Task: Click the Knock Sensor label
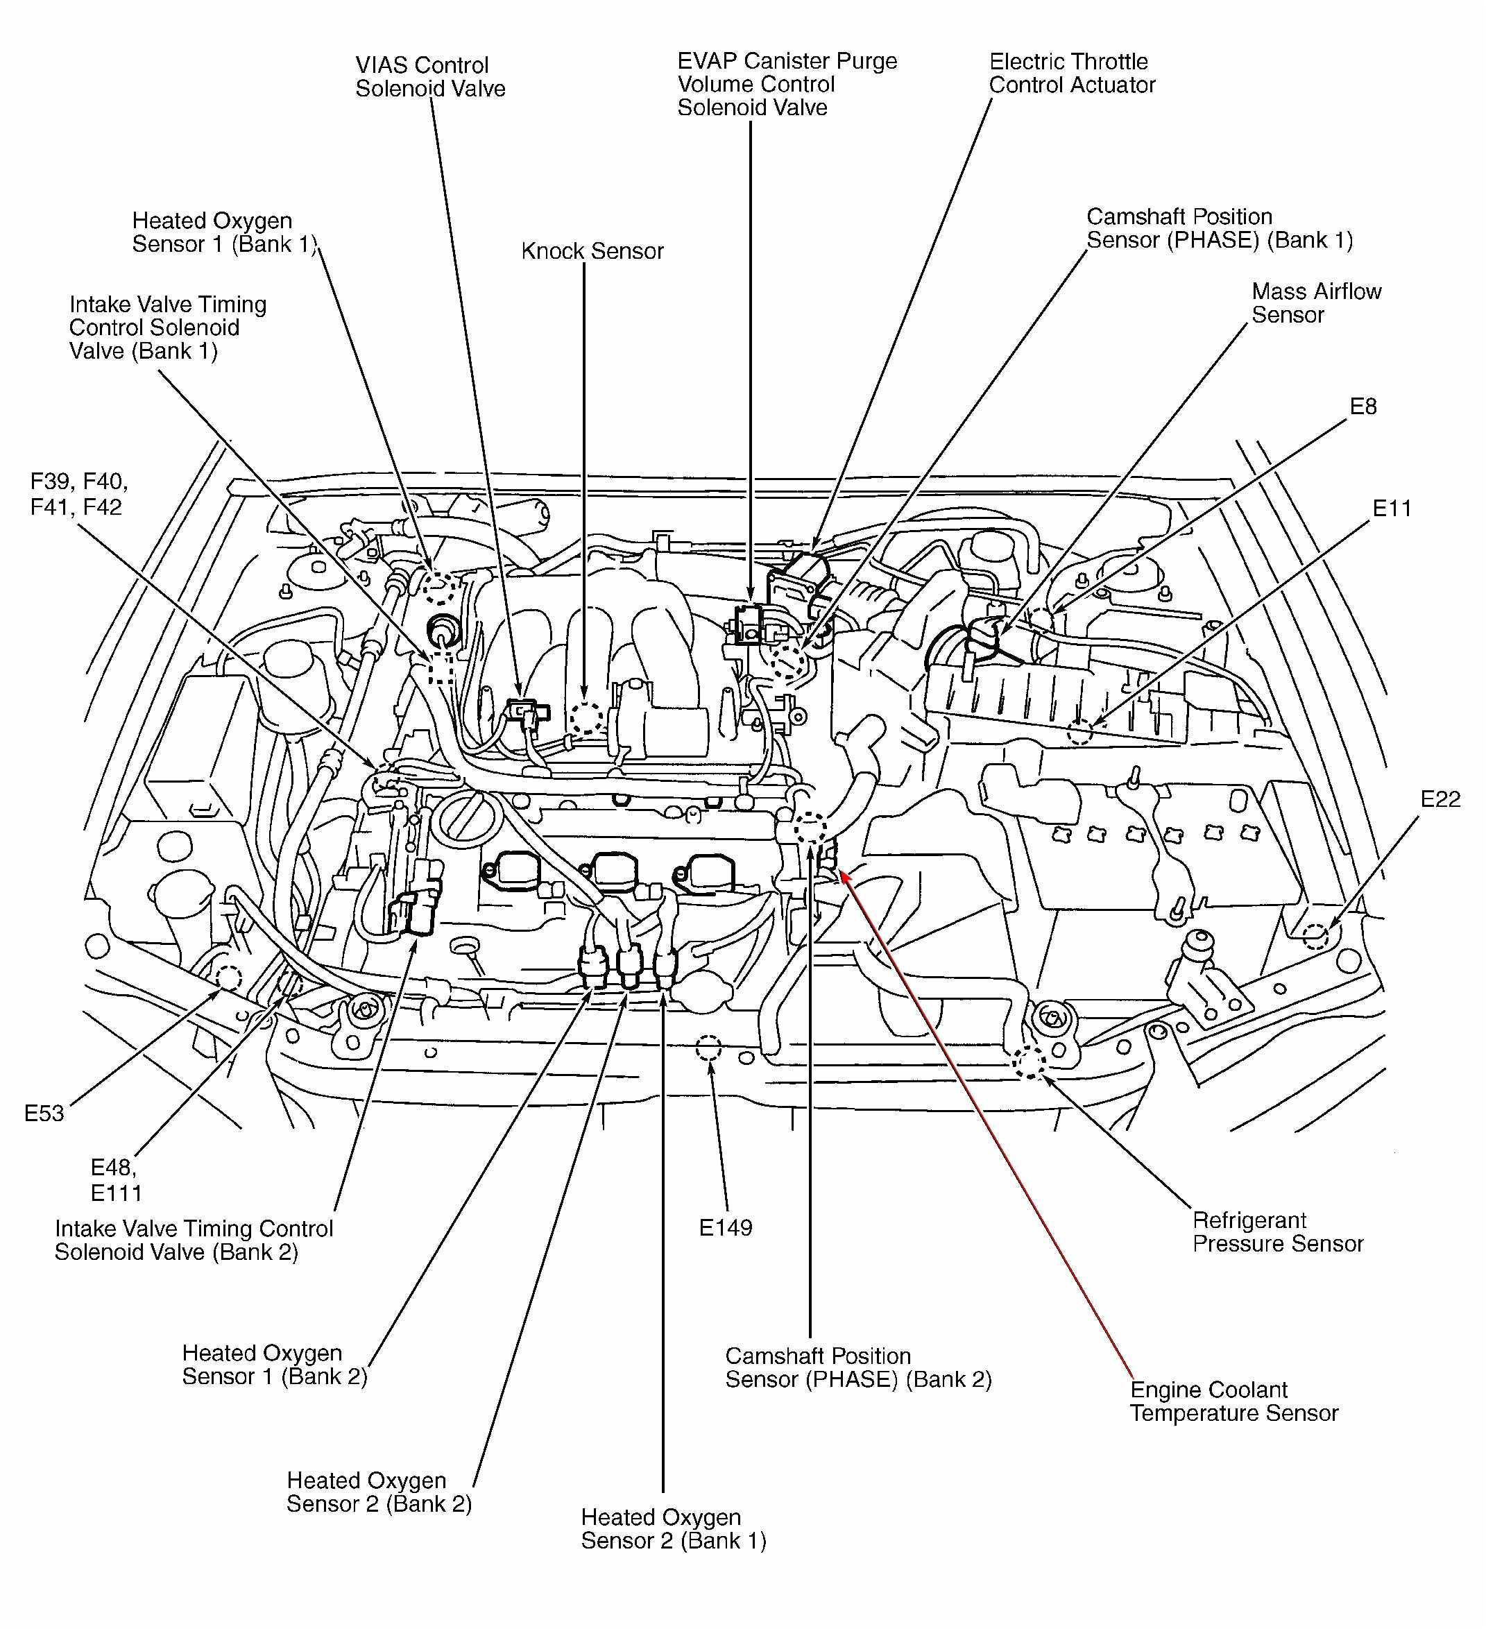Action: coord(592,251)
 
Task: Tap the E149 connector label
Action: coord(725,1228)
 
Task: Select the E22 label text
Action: coord(1441,799)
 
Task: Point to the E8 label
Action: coord(1363,407)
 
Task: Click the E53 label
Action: coord(44,1114)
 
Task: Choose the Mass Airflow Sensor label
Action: coord(1315,303)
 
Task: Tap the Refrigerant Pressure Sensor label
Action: coord(1277,1231)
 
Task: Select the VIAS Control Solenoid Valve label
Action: coord(430,77)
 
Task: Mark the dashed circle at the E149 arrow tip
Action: coord(707,1049)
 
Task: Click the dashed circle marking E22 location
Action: coord(1315,936)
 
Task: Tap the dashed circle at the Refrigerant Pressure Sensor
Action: coord(1030,1064)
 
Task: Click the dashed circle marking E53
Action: coord(227,978)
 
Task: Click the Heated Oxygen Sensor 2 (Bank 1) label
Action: coord(673,1529)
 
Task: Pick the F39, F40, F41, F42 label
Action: coord(78,495)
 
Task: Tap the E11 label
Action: coord(1392,509)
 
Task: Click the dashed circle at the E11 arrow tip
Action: coord(1079,732)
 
